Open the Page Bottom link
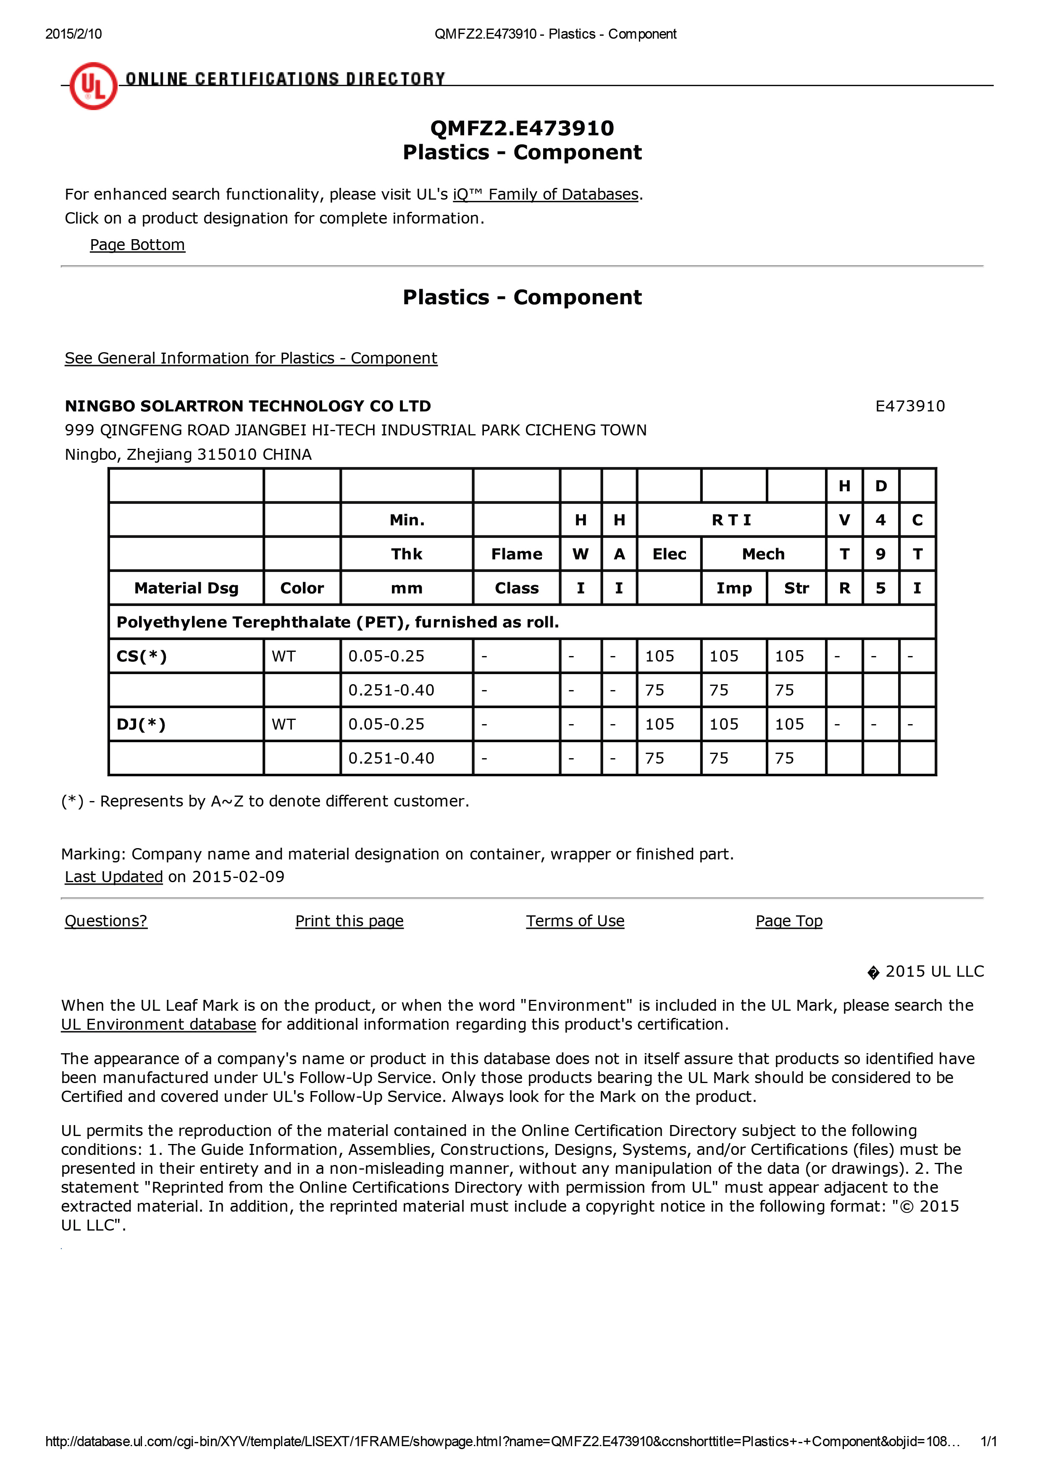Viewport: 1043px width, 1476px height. pyautogui.click(x=137, y=245)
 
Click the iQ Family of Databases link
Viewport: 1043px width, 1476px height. pyautogui.click(x=546, y=194)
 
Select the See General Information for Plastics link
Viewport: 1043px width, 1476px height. pyautogui.click(x=251, y=358)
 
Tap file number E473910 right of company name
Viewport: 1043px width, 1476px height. pyautogui.click(x=909, y=406)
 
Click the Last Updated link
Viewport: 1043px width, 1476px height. pyautogui.click(x=114, y=877)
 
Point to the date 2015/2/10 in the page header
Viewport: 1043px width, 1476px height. pyautogui.click(x=73, y=34)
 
